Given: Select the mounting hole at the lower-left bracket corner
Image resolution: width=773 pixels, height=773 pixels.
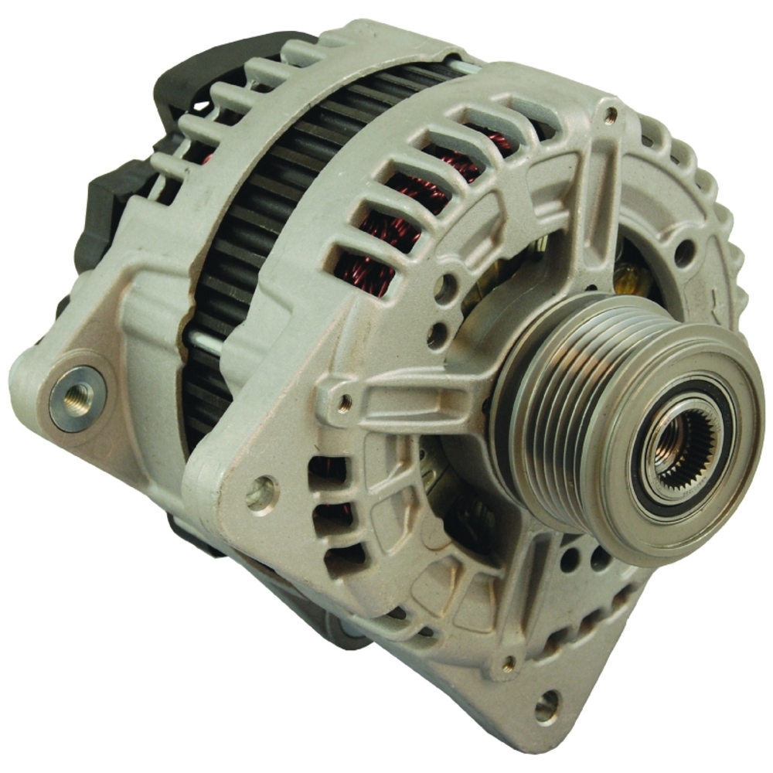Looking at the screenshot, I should (262, 492).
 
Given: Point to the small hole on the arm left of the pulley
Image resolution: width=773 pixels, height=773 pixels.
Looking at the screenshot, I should (345, 401).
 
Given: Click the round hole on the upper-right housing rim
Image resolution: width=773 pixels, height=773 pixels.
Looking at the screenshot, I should (684, 252).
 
